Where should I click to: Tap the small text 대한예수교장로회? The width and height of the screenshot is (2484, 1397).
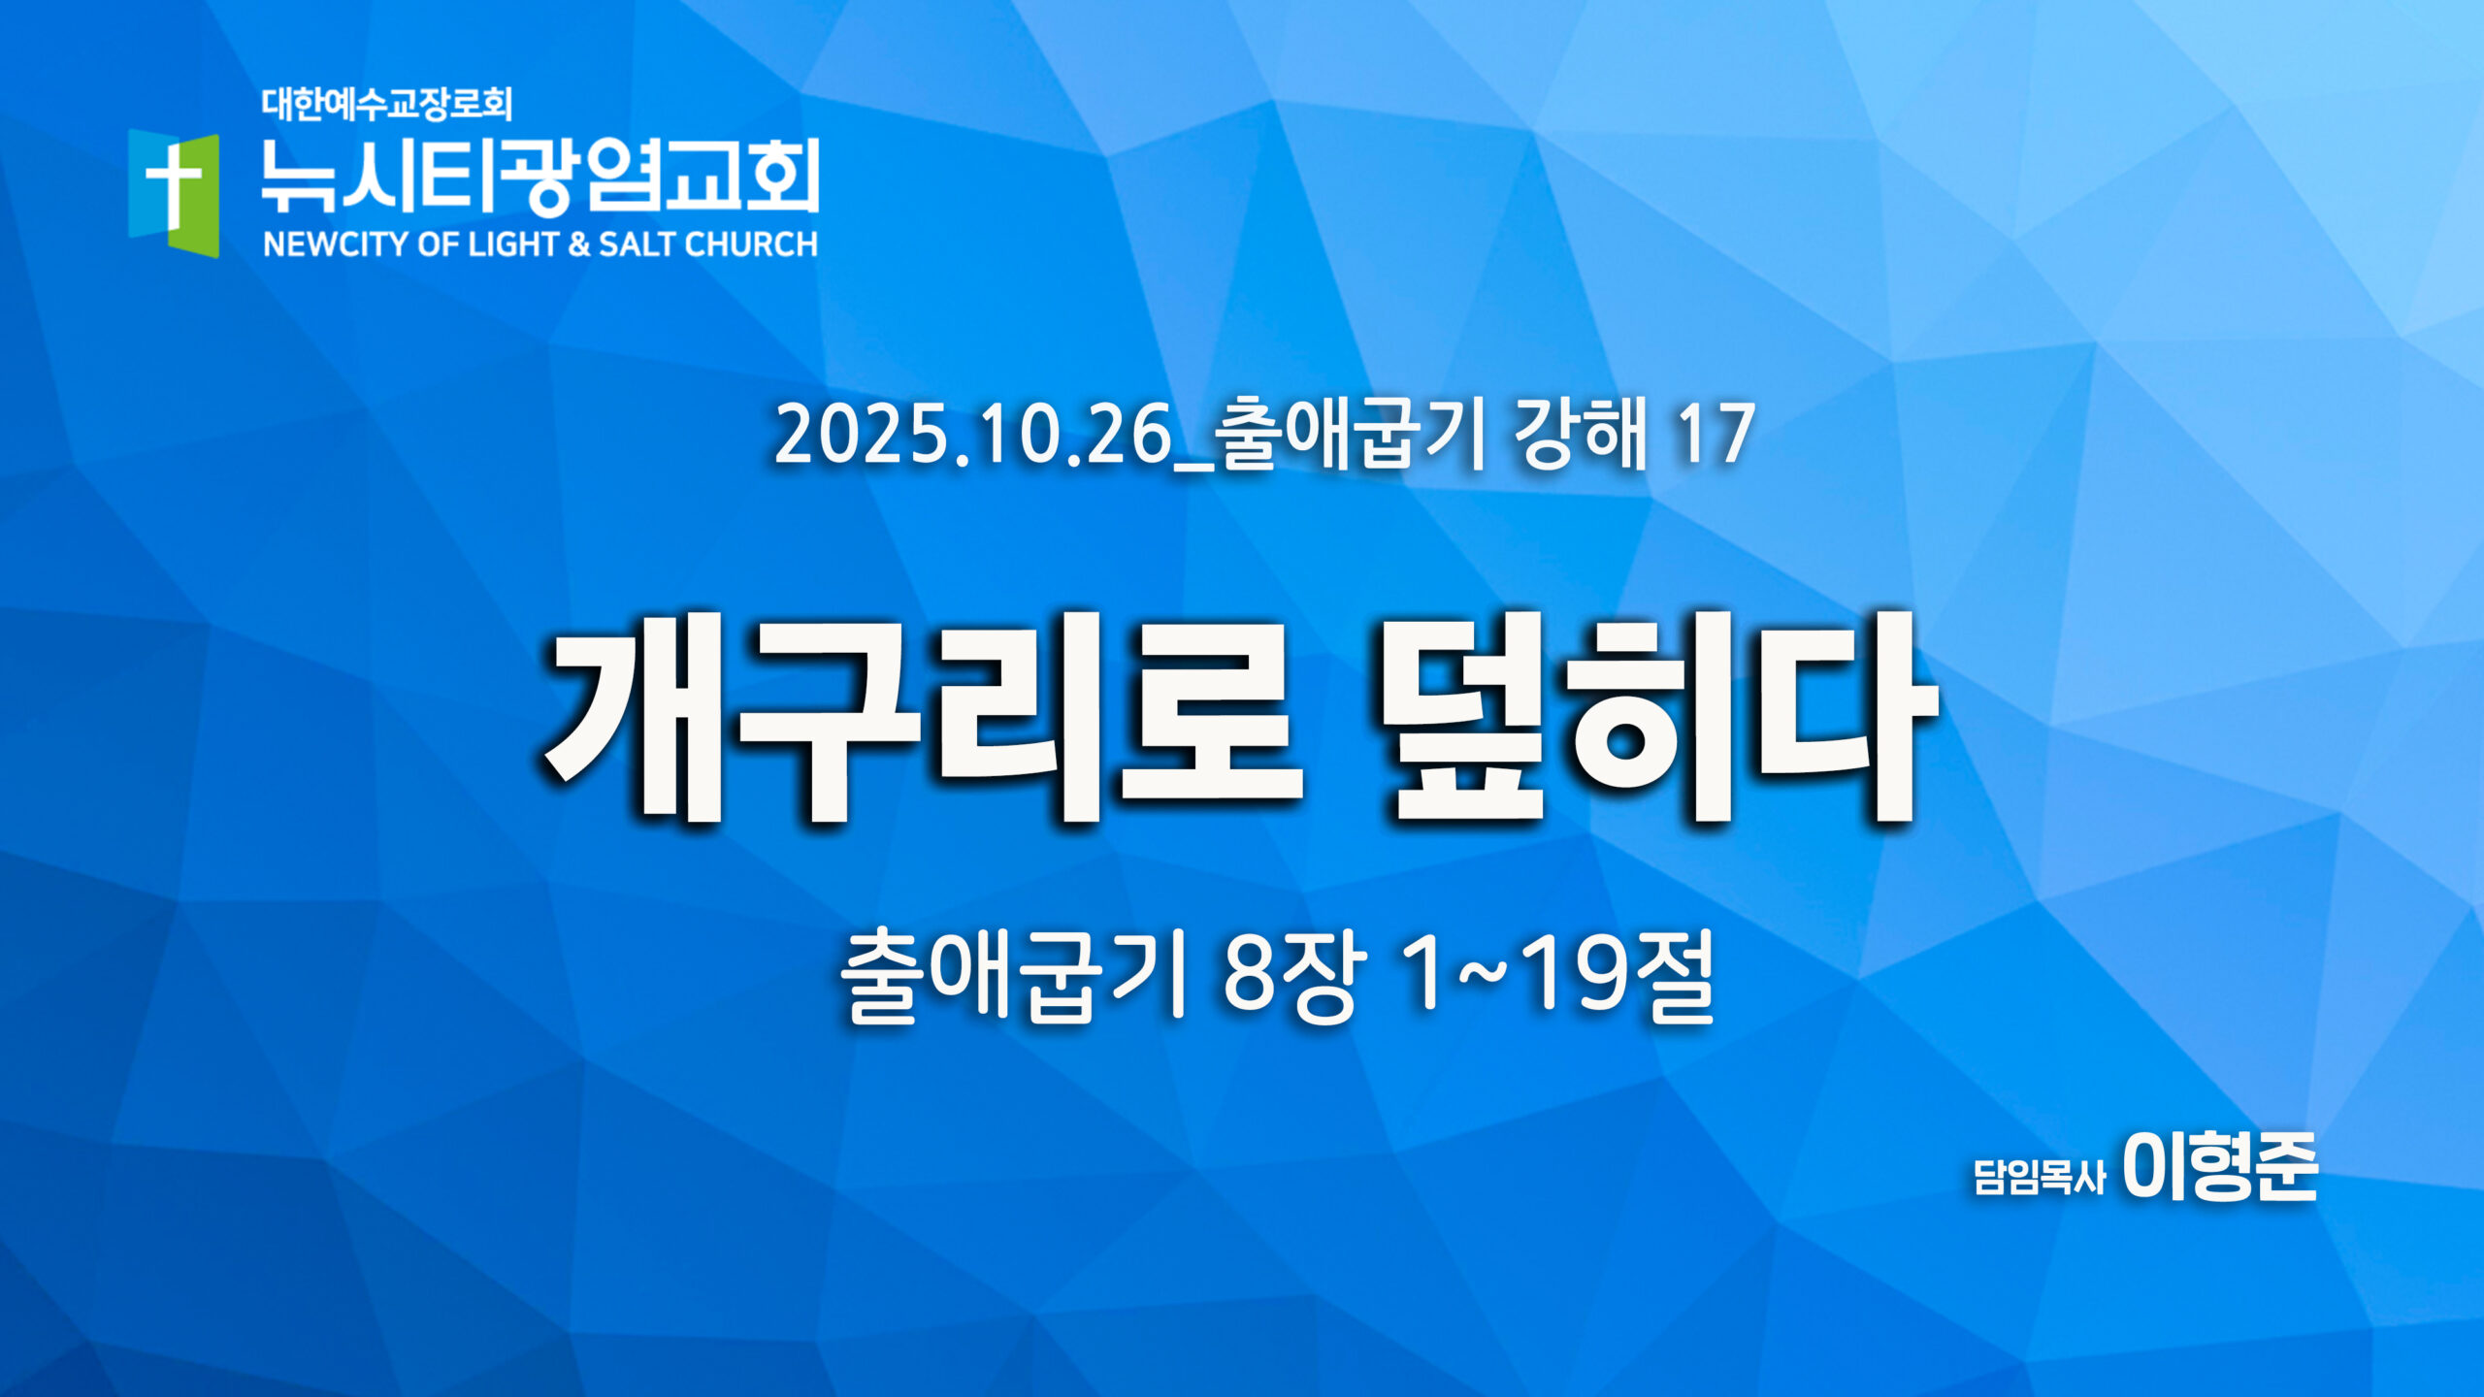386,104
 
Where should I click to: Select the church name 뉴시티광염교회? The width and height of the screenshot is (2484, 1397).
540,176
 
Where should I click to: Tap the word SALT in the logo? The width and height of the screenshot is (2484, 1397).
638,244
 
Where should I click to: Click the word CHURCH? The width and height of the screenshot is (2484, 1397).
752,244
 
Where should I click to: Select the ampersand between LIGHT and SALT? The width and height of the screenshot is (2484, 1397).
579,244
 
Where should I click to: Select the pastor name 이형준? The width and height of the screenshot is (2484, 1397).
2220,1167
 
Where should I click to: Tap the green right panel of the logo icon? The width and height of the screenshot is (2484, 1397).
196,194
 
